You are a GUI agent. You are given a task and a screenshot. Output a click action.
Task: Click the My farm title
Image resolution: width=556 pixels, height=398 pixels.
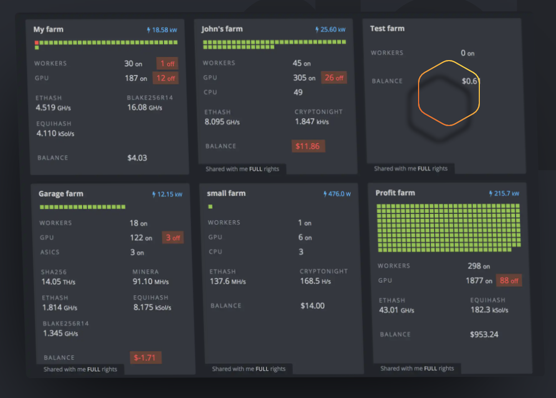pos(48,29)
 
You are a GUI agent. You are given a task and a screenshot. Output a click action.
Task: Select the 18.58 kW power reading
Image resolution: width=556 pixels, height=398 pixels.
pos(162,30)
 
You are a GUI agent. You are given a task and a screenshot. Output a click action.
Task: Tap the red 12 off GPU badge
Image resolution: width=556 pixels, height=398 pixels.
pos(166,78)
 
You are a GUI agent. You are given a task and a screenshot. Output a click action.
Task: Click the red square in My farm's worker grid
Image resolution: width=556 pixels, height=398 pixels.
pos(37,42)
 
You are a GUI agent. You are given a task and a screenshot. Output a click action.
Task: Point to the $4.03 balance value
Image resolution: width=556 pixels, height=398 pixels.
pos(137,158)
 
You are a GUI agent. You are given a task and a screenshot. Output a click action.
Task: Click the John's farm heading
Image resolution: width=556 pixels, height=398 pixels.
pos(222,29)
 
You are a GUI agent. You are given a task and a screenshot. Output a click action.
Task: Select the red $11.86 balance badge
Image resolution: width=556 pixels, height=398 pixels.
pos(308,146)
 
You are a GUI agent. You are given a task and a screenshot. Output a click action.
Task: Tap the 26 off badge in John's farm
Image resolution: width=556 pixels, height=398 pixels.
pos(334,78)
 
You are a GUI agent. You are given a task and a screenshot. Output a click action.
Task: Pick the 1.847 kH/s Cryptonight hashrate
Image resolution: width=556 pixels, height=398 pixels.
pos(312,121)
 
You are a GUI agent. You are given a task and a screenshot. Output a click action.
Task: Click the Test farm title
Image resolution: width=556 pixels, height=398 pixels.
pos(387,28)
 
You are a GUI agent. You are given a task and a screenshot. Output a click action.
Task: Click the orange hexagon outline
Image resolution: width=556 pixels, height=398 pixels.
pos(448,93)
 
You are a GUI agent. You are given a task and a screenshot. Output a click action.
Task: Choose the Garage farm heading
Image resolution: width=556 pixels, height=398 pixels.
pos(61,194)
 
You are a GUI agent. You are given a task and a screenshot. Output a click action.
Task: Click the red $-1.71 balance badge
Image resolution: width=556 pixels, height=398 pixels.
pos(145,357)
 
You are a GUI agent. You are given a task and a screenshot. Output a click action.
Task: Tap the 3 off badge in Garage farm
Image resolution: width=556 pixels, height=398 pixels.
pos(172,238)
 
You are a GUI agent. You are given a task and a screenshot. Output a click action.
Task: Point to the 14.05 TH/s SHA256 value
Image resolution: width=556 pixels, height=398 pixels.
pos(58,282)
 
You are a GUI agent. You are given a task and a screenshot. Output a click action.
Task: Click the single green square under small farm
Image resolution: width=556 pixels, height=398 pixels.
pos(210,207)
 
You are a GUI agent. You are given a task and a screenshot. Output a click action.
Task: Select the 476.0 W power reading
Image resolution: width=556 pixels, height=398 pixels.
pos(337,194)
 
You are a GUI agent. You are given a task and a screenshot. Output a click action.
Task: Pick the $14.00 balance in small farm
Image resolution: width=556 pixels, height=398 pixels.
pos(312,306)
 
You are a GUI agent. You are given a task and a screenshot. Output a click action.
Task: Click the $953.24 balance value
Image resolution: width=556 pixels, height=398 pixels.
pos(484,335)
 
